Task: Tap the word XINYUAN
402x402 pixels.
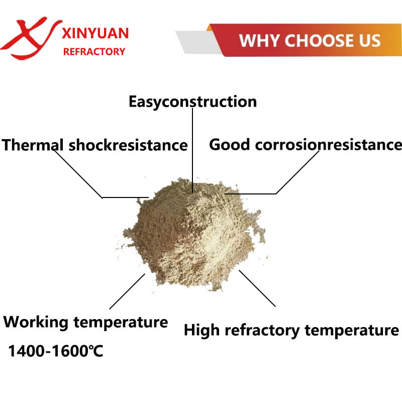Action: click(95, 33)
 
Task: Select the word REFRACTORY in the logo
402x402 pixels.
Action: click(94, 52)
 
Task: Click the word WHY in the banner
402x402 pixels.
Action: click(259, 41)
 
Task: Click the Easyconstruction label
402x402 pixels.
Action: click(192, 102)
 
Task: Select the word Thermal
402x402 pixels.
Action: click(32, 145)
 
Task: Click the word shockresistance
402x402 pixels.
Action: click(128, 145)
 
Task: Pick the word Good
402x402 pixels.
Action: click(230, 144)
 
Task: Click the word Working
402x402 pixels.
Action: click(36, 322)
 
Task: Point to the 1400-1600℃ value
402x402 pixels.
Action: click(56, 351)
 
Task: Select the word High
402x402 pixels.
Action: click(202, 330)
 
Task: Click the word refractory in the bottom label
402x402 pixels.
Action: click(262, 330)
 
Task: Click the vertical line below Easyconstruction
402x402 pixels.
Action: click(192, 150)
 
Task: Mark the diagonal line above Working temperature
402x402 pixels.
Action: click(127, 291)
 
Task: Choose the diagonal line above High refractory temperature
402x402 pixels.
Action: click(257, 288)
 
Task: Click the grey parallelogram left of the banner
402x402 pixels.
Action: click(198, 42)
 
